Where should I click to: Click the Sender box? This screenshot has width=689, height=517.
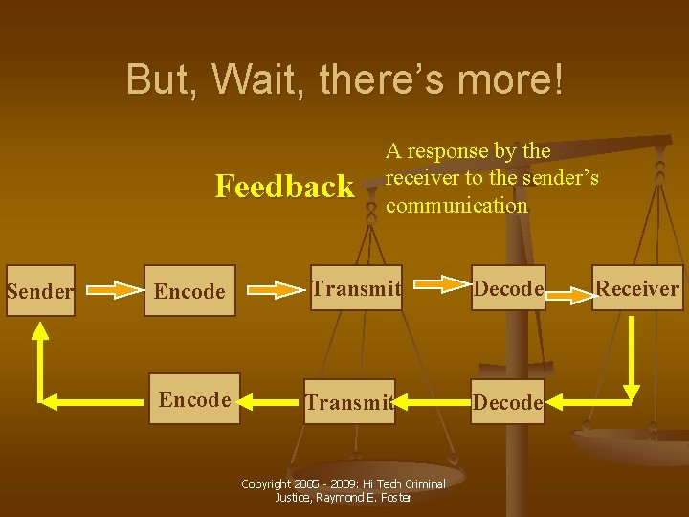(38, 291)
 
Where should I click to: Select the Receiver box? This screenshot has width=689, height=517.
(637, 288)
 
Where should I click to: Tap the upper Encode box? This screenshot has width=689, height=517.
(189, 291)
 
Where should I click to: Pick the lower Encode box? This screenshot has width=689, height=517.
(195, 399)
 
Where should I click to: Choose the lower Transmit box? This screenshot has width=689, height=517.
(349, 402)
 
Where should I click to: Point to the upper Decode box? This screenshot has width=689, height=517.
(509, 288)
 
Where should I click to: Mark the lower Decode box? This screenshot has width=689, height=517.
(507, 402)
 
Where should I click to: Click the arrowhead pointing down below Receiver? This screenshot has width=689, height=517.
(632, 391)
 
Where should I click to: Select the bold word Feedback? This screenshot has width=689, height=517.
(284, 186)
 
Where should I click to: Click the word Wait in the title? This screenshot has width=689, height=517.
(258, 79)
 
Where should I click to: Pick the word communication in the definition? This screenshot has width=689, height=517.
(456, 205)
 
